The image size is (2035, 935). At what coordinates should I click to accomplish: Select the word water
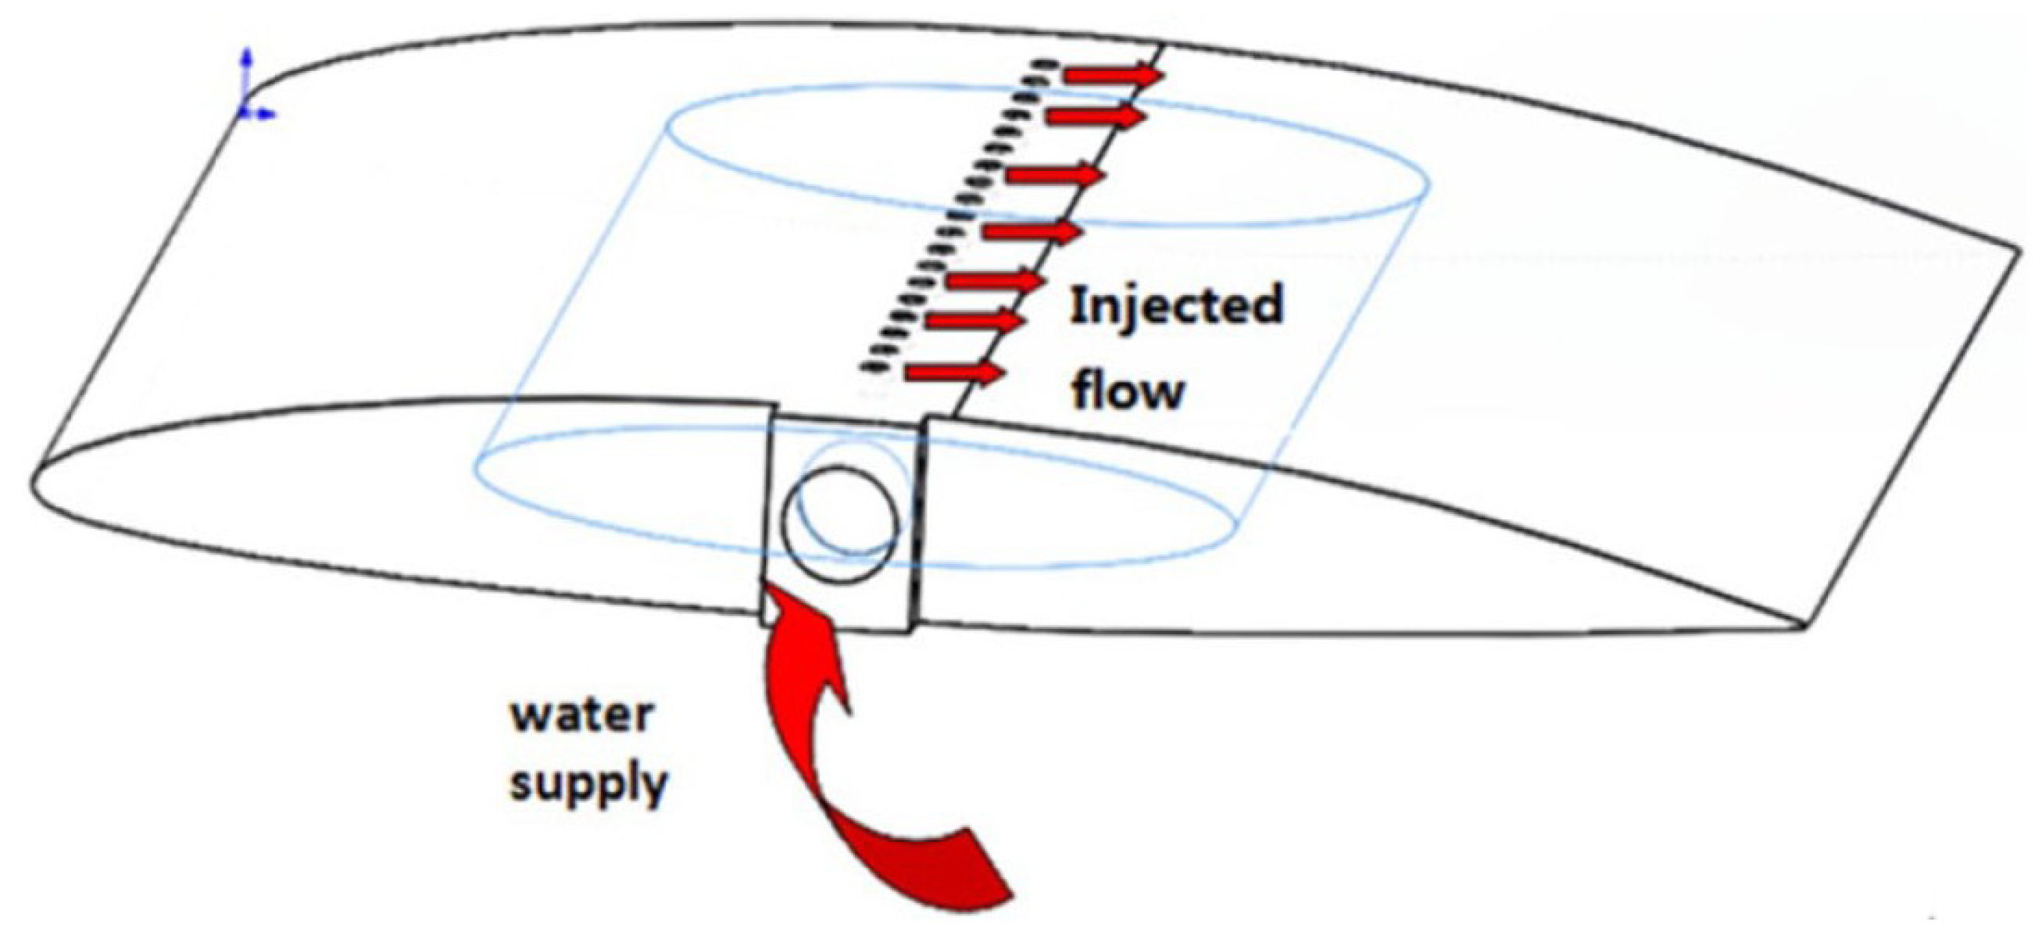(x=583, y=716)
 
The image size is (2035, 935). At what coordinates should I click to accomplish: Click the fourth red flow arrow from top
(x=1031, y=231)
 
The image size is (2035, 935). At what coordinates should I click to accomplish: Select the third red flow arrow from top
(x=1052, y=173)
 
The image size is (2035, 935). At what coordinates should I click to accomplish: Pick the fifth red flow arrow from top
(x=995, y=280)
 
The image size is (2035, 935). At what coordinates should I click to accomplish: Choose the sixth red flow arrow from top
(x=975, y=320)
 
